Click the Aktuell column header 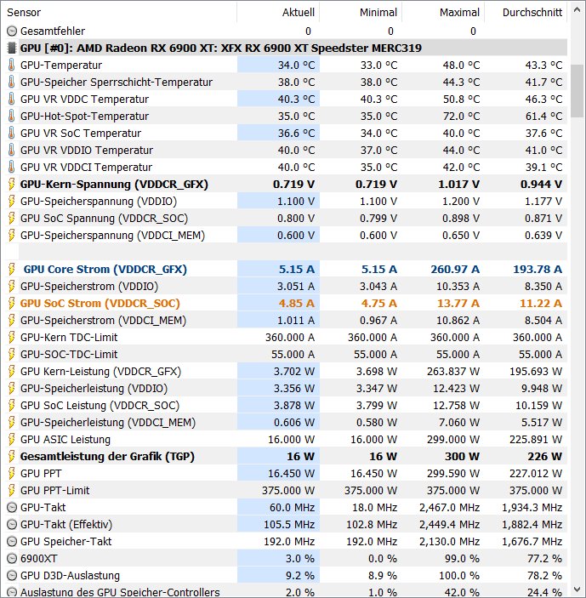298,13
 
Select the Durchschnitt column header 532,13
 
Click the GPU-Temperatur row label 61,65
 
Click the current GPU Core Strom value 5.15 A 296,269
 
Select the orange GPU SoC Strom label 100,303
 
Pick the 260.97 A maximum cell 453,269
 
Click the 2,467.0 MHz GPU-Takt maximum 448,507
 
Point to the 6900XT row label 39,558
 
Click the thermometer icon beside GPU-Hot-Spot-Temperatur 11,116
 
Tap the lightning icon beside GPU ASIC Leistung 11,439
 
